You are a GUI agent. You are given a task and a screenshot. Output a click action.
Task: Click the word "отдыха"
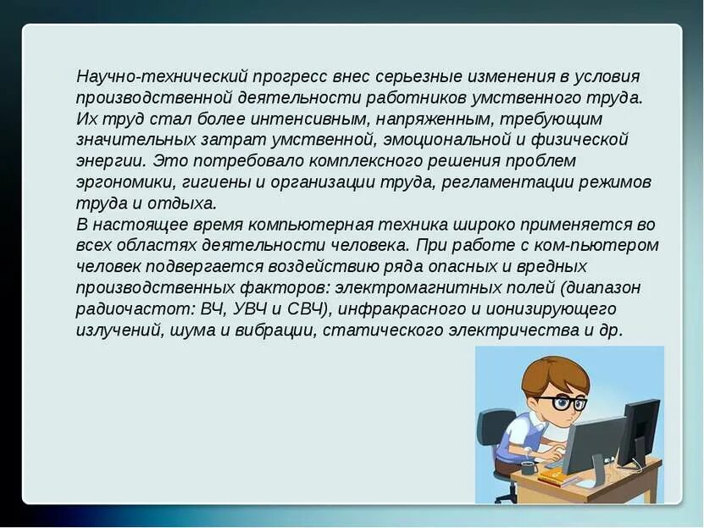[x=184, y=203]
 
